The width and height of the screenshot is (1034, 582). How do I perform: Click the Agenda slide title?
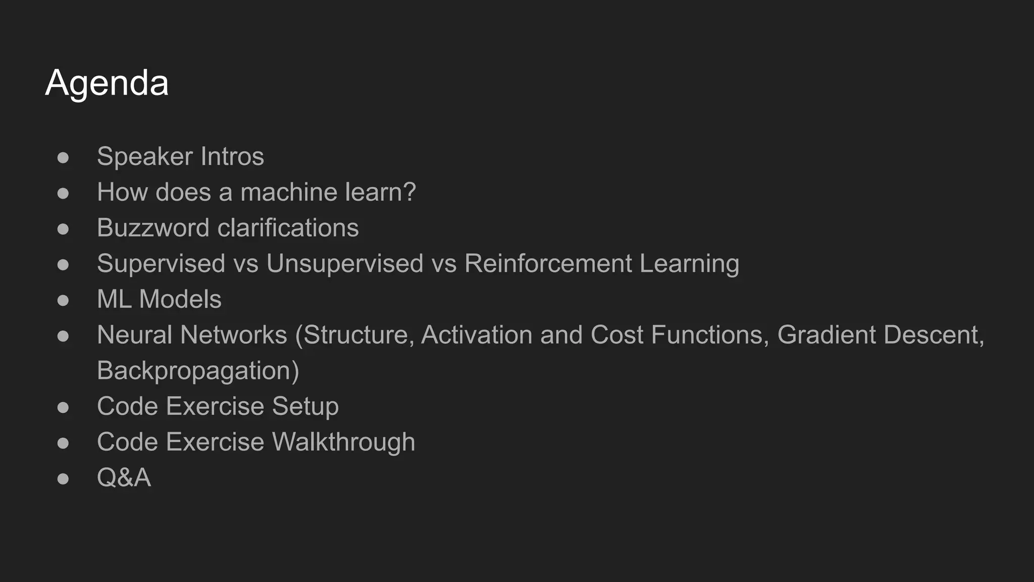(x=107, y=83)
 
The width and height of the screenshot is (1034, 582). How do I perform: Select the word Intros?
(x=232, y=157)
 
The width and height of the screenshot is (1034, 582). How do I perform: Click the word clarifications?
(x=288, y=228)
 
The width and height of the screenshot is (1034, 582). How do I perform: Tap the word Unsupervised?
(x=345, y=264)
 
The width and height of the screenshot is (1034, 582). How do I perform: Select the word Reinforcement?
(x=548, y=264)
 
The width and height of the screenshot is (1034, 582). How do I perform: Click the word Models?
(x=180, y=300)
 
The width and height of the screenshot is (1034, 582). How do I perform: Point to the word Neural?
(x=135, y=335)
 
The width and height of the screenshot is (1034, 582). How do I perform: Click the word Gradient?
(x=826, y=335)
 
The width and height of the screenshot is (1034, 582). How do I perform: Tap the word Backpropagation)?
(x=198, y=371)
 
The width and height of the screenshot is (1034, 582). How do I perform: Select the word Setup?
(x=305, y=407)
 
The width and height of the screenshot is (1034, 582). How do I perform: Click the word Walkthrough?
(x=343, y=442)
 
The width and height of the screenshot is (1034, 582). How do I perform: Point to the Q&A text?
(x=124, y=478)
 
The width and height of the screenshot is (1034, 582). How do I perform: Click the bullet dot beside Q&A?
(x=63, y=478)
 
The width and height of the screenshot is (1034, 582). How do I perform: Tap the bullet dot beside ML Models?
(x=63, y=300)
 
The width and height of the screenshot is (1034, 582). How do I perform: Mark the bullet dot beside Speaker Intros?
(x=63, y=157)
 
